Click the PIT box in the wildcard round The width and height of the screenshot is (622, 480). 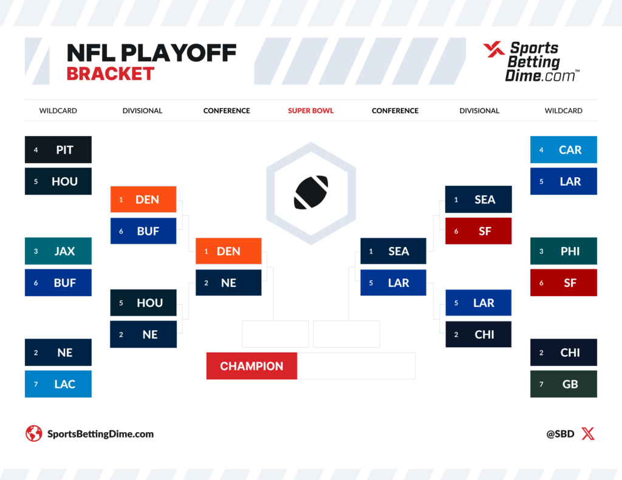(58, 149)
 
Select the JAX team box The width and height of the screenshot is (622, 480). (58, 251)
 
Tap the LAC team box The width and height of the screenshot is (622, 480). (58, 384)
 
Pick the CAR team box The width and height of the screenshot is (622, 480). (563, 149)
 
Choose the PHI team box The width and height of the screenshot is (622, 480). (563, 251)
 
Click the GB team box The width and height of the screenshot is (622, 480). (563, 384)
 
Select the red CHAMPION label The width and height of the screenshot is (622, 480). (251, 366)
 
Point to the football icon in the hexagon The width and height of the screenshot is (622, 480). (311, 192)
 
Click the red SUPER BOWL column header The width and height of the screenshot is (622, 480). (310, 110)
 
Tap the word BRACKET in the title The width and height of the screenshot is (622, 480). (111, 73)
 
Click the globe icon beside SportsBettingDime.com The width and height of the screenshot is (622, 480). (34, 434)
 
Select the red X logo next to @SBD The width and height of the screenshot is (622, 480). (588, 434)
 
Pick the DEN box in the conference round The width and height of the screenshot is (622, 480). (228, 251)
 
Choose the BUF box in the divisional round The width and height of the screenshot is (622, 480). (143, 231)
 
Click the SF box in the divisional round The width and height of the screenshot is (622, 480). (479, 231)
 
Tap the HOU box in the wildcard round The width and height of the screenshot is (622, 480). (58, 181)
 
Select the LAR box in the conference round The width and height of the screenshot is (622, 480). (393, 283)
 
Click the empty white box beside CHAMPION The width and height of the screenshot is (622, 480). (356, 366)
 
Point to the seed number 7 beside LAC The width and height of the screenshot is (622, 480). (36, 384)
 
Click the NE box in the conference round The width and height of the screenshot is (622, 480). (228, 283)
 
